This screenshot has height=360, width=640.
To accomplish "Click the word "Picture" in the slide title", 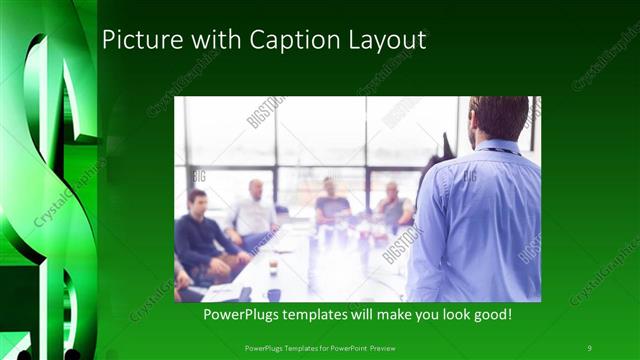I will [x=138, y=40].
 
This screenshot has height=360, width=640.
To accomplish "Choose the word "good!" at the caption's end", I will [x=490, y=315].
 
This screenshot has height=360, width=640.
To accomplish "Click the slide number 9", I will [x=589, y=347].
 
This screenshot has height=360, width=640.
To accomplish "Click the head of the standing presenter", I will [x=499, y=118].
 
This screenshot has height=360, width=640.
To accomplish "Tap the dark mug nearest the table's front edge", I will [x=273, y=294].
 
